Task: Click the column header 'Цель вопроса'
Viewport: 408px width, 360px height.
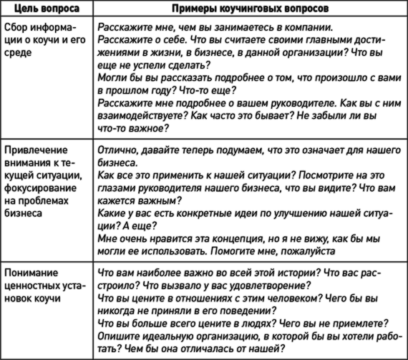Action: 47,9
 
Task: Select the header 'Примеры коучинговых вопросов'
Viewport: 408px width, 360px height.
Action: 251,9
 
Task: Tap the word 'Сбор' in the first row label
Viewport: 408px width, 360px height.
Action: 16,27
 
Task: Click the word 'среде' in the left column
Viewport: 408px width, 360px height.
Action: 18,53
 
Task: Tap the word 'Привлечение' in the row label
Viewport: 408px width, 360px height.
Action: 36,150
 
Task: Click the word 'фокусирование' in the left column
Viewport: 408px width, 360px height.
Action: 40,188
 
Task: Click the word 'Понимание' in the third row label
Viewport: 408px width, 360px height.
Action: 31,273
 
